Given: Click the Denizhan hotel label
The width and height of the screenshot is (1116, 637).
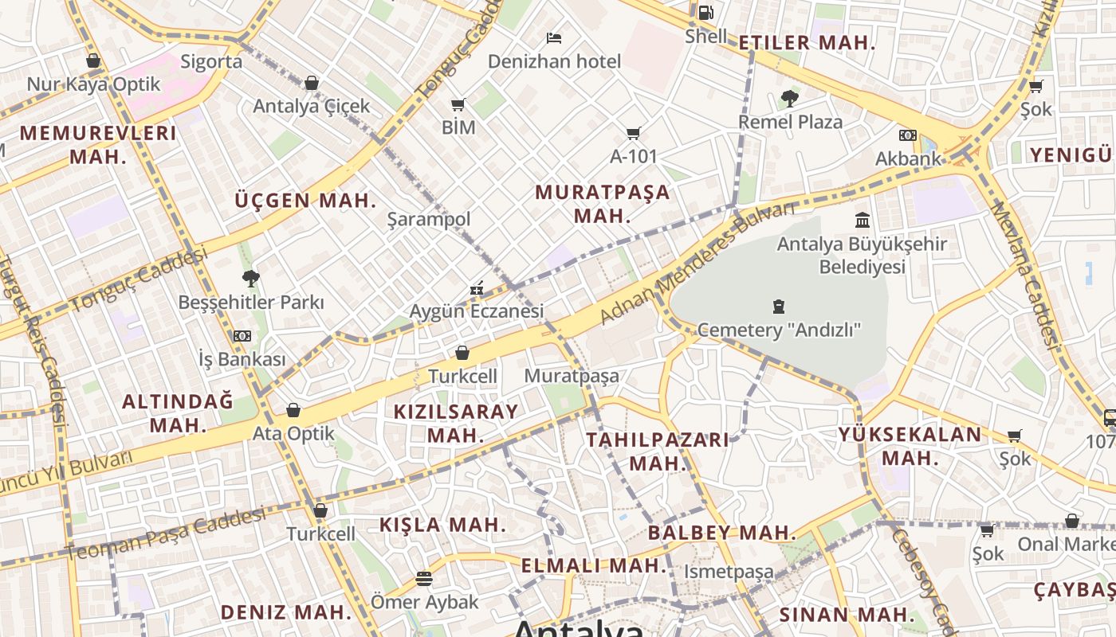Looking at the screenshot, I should click(554, 61).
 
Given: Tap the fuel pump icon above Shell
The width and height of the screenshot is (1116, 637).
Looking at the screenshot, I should click(705, 13).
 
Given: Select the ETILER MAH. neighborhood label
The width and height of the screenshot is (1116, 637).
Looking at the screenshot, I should click(807, 43).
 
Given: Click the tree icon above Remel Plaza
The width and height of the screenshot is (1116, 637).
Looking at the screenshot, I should click(789, 99).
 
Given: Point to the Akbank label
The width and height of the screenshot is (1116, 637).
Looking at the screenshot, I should click(908, 158).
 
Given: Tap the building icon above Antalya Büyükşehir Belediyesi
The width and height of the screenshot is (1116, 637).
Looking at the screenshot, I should click(863, 220).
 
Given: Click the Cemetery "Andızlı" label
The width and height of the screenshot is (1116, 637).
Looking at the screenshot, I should click(779, 330).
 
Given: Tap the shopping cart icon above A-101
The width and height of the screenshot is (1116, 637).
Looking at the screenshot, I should click(634, 133).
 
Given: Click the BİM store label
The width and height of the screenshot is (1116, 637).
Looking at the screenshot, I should click(458, 127).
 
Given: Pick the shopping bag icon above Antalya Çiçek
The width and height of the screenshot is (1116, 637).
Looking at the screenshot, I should click(312, 83).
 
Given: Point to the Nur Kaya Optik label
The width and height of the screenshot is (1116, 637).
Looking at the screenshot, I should click(93, 84).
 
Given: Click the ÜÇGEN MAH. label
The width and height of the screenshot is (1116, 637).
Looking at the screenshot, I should click(305, 201).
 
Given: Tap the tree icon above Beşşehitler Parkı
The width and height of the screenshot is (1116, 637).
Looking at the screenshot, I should click(251, 278).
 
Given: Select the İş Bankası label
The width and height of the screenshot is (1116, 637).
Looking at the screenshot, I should click(242, 359).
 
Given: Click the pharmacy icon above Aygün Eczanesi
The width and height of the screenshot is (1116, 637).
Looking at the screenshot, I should click(477, 288).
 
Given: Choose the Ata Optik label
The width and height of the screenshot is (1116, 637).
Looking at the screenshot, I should click(293, 434).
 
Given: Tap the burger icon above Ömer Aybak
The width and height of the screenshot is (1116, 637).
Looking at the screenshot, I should click(424, 579).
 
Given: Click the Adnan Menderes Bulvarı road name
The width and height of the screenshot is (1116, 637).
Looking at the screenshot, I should click(697, 264).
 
